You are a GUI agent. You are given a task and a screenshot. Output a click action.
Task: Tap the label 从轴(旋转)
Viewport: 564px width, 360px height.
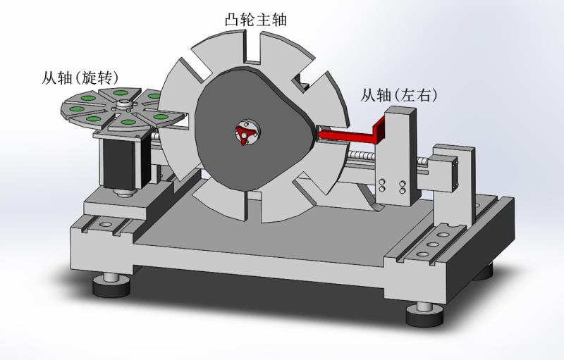(x=80, y=77)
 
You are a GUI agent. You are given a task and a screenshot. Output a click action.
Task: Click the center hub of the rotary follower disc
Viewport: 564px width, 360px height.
(x=124, y=106)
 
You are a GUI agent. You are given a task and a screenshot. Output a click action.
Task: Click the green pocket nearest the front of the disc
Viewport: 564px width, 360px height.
(x=127, y=122)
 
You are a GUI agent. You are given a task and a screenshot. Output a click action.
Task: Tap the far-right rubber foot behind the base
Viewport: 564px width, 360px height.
(x=485, y=271)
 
